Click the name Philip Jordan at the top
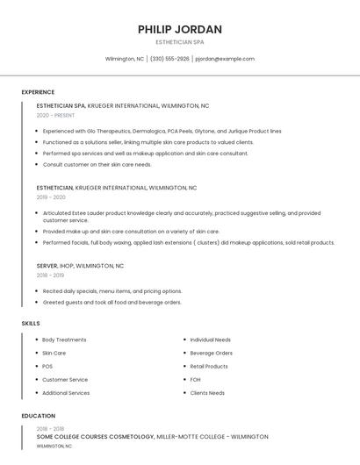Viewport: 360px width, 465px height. coord(180,29)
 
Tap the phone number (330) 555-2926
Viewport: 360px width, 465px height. coord(169,59)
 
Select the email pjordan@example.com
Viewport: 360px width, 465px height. coord(225,59)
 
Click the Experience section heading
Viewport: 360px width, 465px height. coord(38,92)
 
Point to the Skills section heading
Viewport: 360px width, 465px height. coord(31,324)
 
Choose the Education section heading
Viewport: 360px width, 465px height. coord(39,416)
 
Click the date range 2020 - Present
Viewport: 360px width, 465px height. coord(55,115)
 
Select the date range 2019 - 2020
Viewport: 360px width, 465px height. coord(51,197)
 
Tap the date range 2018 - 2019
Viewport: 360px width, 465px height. coord(51,275)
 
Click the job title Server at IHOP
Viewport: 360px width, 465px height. coord(47,265)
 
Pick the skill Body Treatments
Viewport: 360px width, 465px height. coord(64,340)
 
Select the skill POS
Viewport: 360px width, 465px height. coord(47,366)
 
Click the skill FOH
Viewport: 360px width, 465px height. coord(196,379)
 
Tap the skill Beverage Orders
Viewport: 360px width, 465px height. coord(211,353)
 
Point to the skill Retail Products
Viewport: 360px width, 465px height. coord(209,366)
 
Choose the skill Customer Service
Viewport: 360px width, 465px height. coord(65,379)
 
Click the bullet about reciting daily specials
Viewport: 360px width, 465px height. coord(112,291)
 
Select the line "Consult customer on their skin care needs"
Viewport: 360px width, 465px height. coord(97,164)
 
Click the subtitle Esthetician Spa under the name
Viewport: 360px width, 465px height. coord(180,42)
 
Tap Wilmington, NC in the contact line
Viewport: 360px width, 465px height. coord(125,59)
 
